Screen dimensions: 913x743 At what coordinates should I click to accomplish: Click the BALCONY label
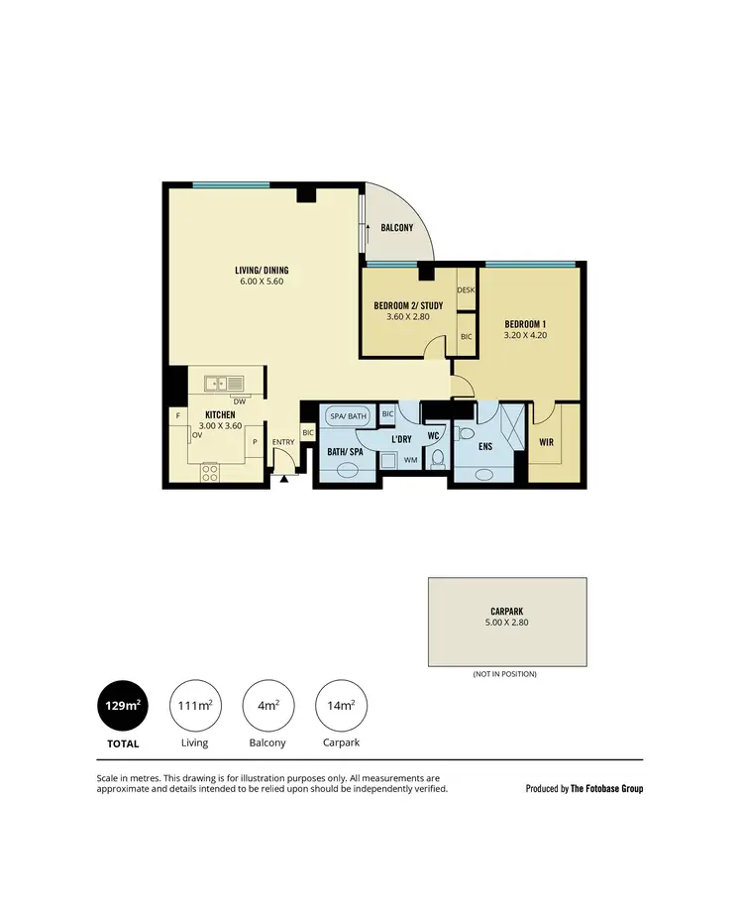(396, 228)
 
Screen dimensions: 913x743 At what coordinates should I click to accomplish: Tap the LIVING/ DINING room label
(262, 270)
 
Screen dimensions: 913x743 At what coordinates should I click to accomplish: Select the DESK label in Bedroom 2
(466, 289)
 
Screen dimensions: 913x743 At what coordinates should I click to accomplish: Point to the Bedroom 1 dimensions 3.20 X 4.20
(525, 335)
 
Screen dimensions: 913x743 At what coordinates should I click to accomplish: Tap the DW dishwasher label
(239, 400)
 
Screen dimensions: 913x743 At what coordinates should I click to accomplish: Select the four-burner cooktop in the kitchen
(210, 473)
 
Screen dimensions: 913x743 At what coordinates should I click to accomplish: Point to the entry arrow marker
(284, 480)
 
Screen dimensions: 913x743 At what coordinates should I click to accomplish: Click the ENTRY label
(283, 442)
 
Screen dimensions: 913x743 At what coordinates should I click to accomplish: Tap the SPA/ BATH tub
(348, 416)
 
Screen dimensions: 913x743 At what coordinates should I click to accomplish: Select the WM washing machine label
(410, 460)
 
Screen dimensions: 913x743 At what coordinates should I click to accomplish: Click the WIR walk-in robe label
(546, 442)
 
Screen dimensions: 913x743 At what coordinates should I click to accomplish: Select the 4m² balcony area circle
(267, 705)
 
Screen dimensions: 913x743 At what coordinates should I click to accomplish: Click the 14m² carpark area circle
(340, 705)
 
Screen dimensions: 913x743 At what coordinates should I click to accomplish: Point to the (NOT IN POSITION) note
(505, 674)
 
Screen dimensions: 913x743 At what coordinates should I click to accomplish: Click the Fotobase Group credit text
(584, 789)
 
